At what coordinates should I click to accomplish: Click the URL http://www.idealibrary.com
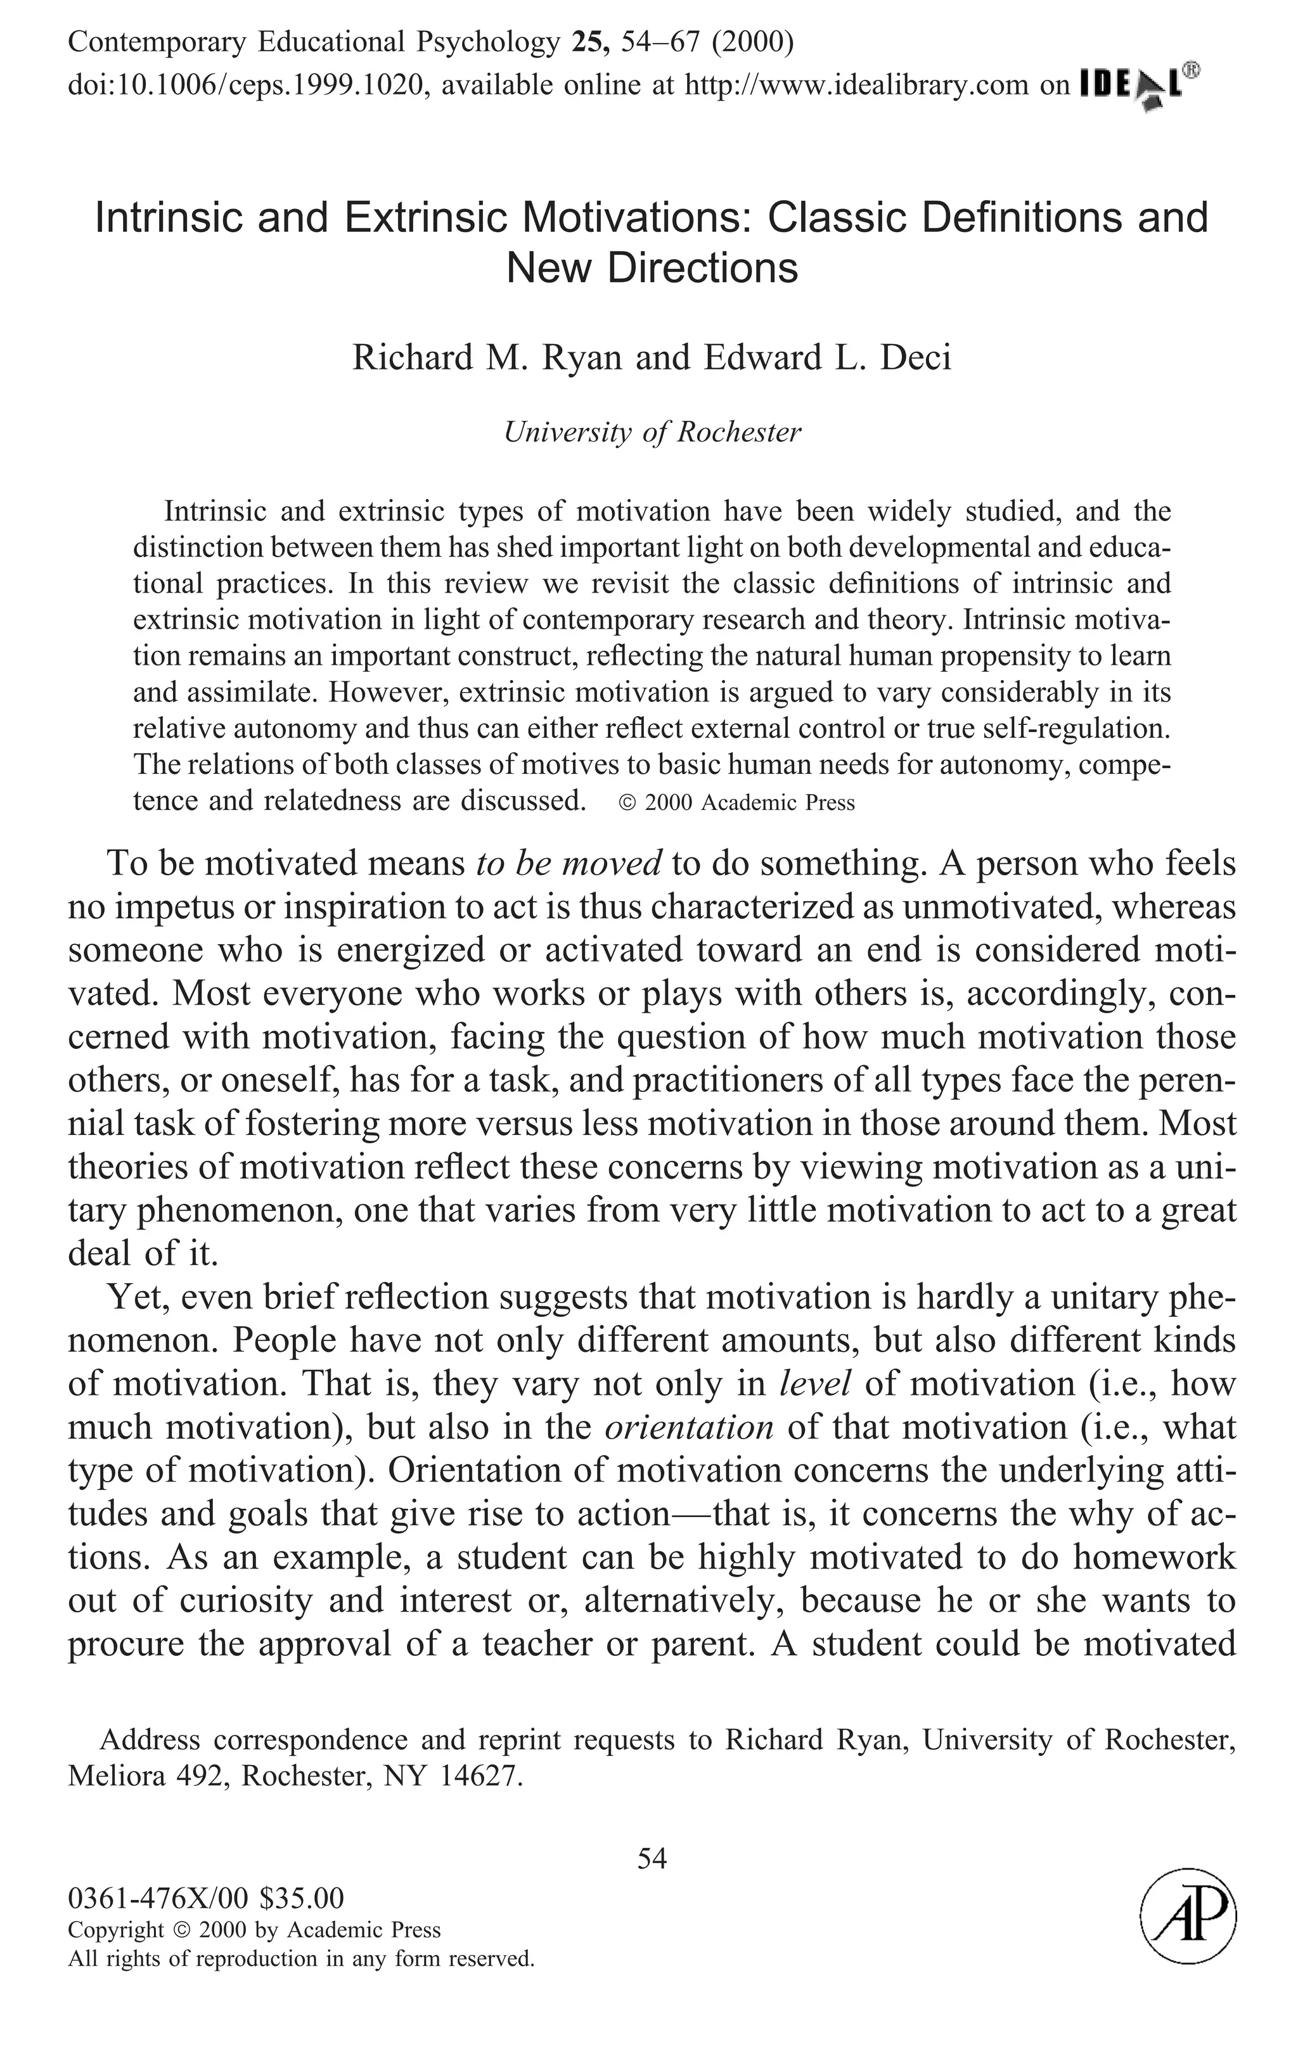tap(856, 85)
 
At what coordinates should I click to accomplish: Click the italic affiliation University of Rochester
tap(652, 433)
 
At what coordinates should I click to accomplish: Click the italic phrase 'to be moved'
tap(569, 864)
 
